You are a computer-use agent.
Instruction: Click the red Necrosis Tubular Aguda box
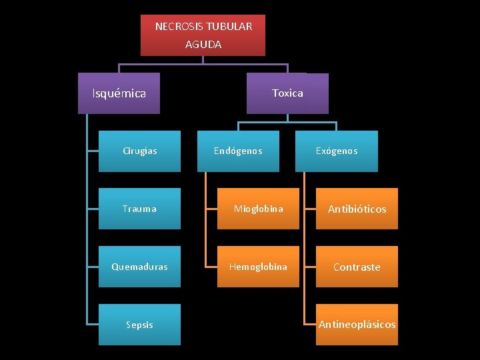(x=203, y=35)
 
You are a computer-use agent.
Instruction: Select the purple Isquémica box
(x=119, y=93)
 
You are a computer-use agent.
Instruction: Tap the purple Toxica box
(x=287, y=93)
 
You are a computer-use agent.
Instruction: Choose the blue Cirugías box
(x=139, y=151)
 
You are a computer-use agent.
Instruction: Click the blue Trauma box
(x=139, y=209)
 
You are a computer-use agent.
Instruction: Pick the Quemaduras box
(x=139, y=267)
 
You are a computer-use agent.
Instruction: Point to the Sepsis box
(x=139, y=325)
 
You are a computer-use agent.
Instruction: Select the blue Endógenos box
(x=238, y=151)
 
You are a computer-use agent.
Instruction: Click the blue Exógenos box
(x=337, y=151)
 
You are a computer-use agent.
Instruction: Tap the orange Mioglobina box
(x=258, y=209)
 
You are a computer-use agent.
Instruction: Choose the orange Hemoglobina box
(x=258, y=267)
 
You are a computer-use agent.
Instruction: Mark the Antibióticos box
(x=357, y=209)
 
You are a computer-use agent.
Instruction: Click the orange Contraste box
(x=357, y=267)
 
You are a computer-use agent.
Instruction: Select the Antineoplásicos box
(x=357, y=325)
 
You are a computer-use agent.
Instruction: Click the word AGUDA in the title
(x=203, y=45)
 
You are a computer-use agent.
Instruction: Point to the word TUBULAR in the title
(x=229, y=27)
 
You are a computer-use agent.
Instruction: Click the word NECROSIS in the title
(x=179, y=27)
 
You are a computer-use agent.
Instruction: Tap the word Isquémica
(x=119, y=93)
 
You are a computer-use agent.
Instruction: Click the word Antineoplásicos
(x=357, y=325)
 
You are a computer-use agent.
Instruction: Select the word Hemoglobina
(x=258, y=267)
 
